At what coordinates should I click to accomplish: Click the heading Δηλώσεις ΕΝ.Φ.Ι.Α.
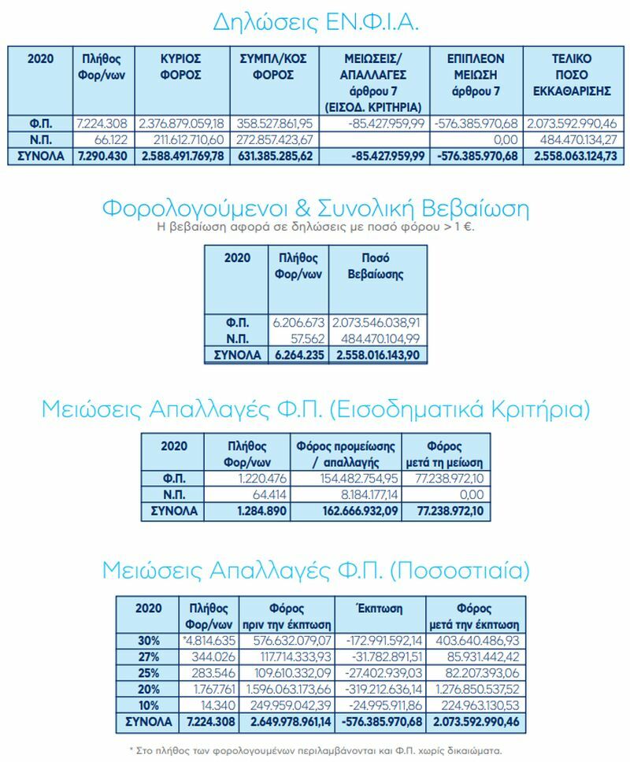pyautogui.click(x=315, y=21)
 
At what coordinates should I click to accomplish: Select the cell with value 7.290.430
pyautogui.click(x=100, y=156)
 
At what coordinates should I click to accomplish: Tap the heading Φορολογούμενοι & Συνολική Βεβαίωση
pyautogui.click(x=315, y=209)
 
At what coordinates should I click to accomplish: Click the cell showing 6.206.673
pyautogui.click(x=298, y=322)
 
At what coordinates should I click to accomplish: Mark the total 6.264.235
pyautogui.click(x=298, y=355)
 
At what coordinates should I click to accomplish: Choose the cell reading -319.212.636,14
pyautogui.click(x=380, y=688)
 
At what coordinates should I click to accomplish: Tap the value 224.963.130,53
pyautogui.click(x=477, y=705)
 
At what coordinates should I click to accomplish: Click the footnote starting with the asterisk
pyautogui.click(x=315, y=750)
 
